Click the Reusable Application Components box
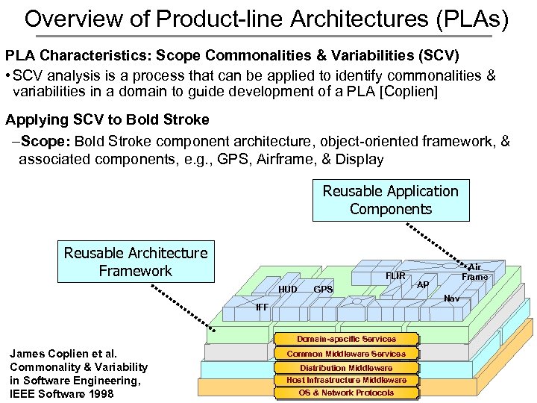(391, 200)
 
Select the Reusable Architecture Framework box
(135, 261)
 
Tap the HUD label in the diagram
(288, 289)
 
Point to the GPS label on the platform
(323, 289)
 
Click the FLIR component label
(395, 276)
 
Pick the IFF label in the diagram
(262, 307)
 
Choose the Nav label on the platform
(451, 299)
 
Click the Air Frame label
(474, 272)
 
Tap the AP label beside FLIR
(423, 284)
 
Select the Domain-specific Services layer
(346, 339)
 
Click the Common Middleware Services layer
(346, 354)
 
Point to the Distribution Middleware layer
(346, 367)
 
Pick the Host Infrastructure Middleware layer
(346, 380)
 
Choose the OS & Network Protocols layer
(346, 393)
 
